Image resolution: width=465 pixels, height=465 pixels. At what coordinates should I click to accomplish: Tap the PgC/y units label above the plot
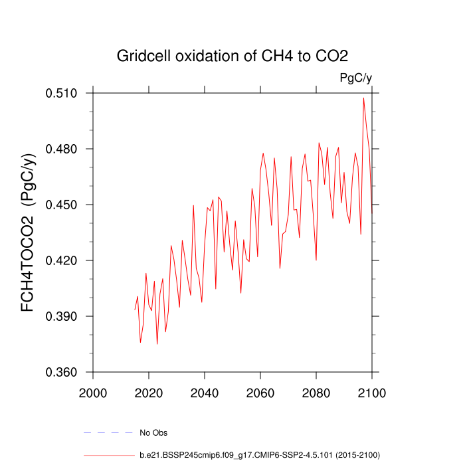point(355,78)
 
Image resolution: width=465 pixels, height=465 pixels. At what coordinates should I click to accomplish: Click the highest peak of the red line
point(363,98)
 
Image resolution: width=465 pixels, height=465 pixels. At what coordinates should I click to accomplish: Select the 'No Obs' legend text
point(153,433)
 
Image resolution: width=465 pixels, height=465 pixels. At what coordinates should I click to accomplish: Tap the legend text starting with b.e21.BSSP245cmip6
point(259,455)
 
